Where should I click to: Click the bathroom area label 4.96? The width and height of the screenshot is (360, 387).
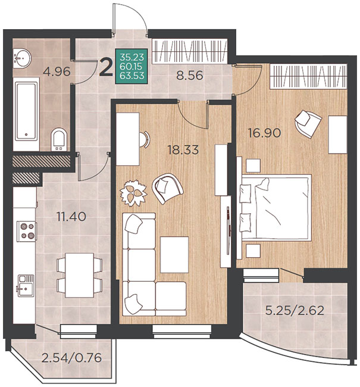point(57,71)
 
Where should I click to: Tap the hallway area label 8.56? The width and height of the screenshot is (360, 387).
point(190,75)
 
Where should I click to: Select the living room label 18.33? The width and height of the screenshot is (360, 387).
point(183,150)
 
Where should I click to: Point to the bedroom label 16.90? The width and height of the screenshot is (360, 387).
point(265,133)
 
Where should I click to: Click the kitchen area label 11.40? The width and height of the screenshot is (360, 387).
point(71,217)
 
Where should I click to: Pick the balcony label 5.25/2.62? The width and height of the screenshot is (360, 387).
point(295,310)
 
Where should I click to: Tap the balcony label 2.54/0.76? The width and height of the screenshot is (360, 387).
point(72,358)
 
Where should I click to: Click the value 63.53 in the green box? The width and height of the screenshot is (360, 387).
point(132,76)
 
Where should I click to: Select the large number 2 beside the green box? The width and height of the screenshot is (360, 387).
point(106,67)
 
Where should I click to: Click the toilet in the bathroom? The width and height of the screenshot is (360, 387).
point(59,139)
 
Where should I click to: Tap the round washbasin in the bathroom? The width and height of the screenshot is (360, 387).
point(22,58)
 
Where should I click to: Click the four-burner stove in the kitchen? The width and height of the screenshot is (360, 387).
point(27,231)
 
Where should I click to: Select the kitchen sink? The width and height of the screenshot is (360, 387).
point(26,286)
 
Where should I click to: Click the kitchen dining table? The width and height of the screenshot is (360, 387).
point(80,275)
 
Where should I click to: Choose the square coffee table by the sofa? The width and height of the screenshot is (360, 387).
point(174,255)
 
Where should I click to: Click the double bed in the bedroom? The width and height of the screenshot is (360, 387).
point(276,208)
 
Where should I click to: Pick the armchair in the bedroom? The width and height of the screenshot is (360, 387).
point(308,123)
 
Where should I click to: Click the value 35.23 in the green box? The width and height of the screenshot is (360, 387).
point(132,57)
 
